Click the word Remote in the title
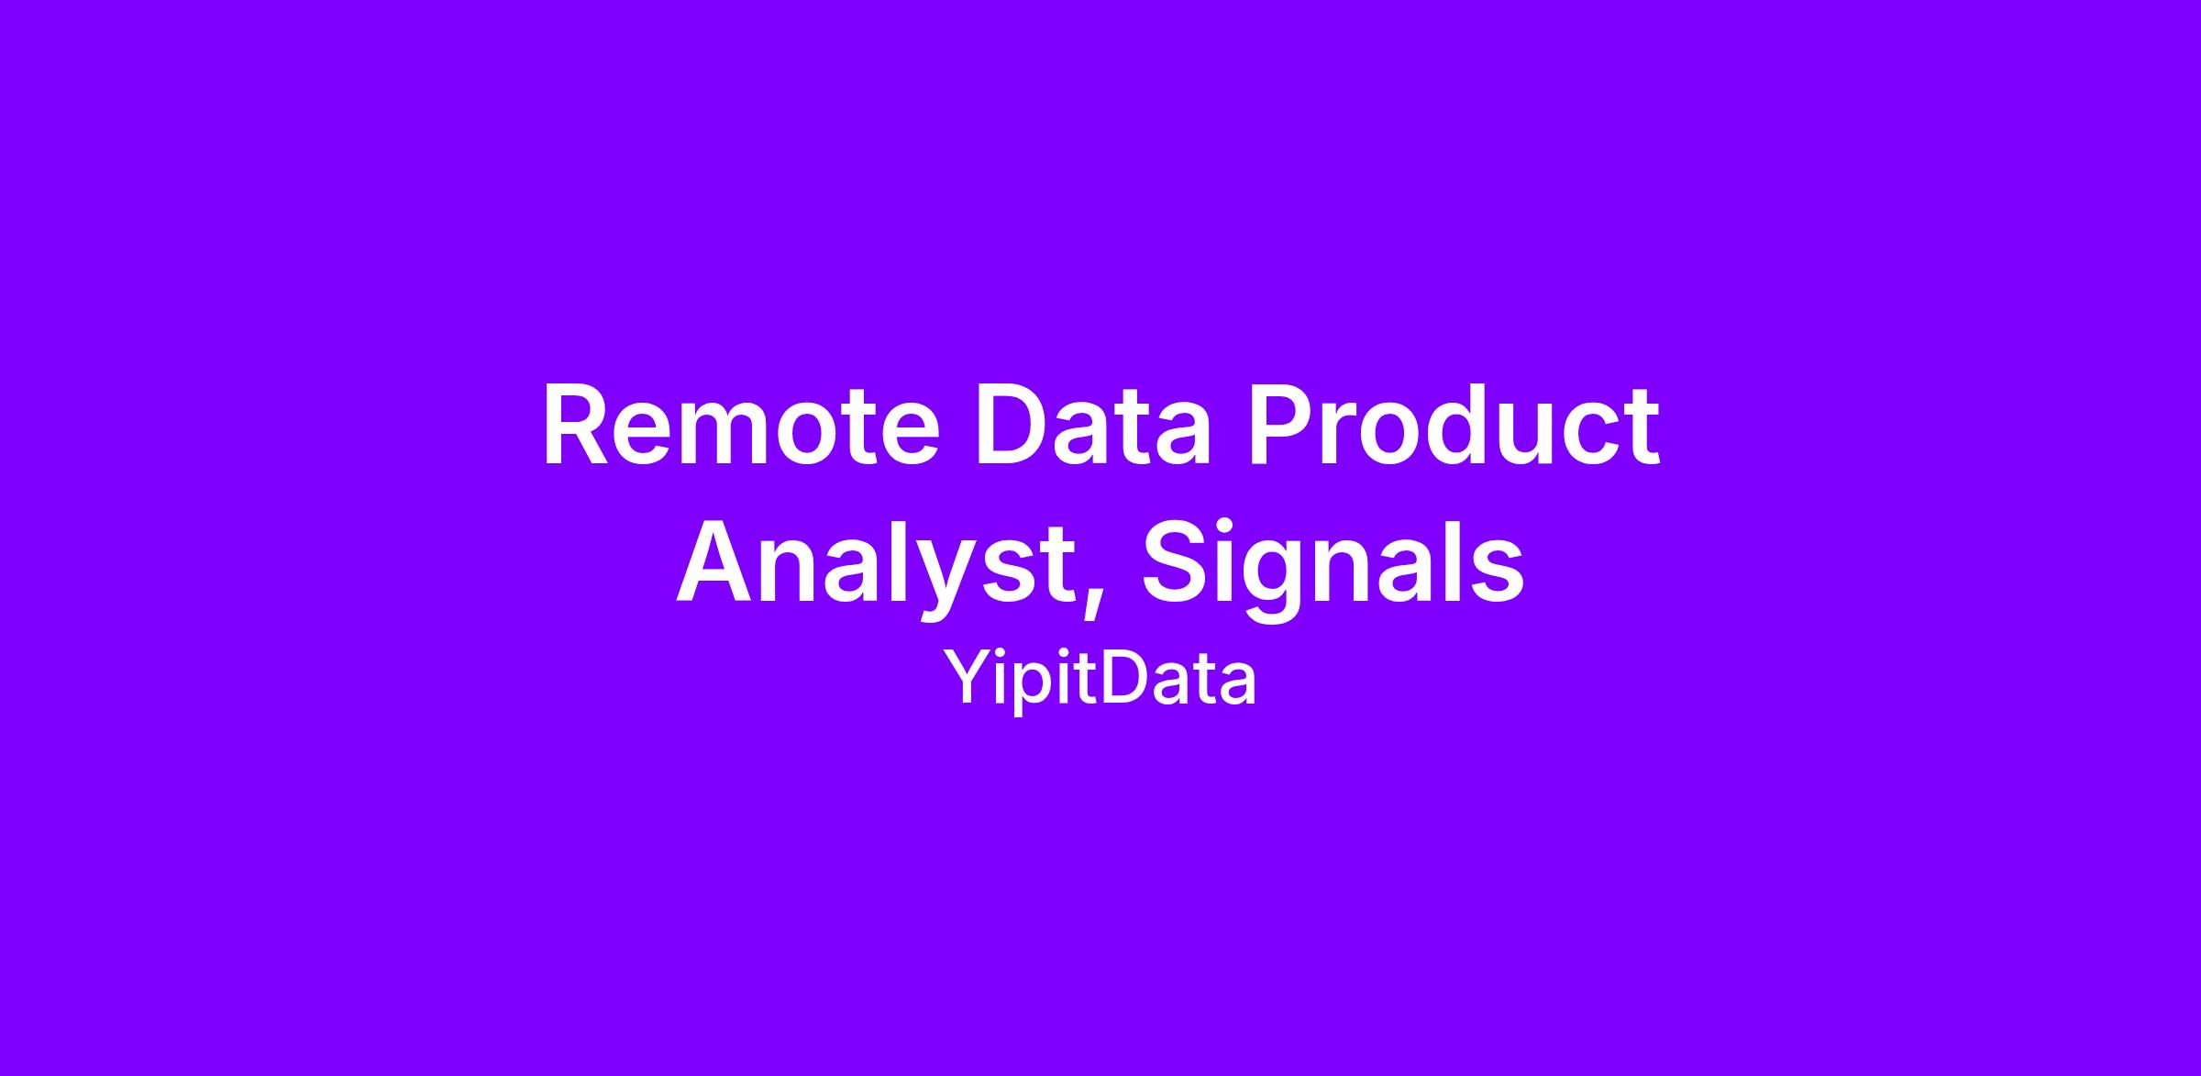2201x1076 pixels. point(741,427)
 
